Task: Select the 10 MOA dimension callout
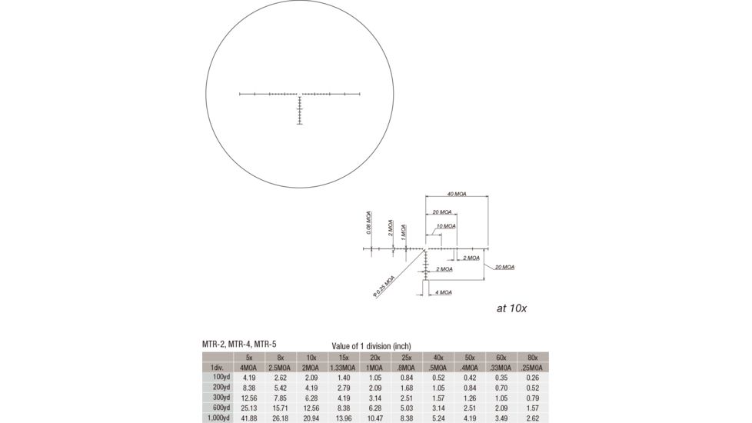[446, 226]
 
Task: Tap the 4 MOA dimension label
[444, 293]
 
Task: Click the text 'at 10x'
[511, 308]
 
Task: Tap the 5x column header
[248, 358]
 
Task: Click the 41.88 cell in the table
[248, 418]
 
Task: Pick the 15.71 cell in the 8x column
[281, 408]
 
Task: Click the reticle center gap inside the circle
[299, 95]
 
